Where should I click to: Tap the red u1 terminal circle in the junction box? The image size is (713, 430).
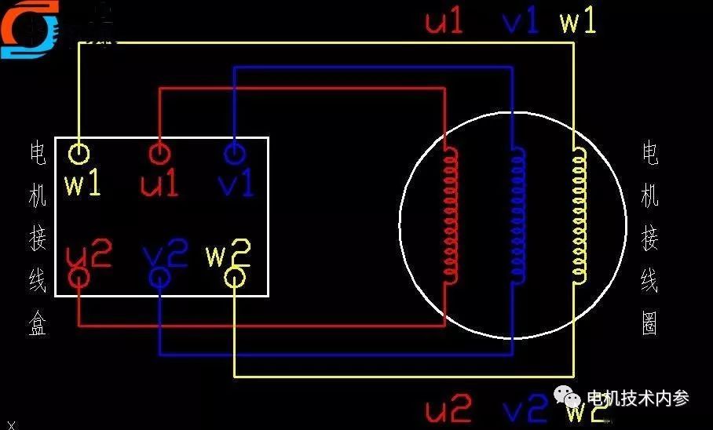click(159, 152)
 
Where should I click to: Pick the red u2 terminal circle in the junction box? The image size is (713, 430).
click(79, 277)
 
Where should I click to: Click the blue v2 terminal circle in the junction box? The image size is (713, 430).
click(159, 277)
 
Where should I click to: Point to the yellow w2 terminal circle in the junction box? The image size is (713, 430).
click(235, 277)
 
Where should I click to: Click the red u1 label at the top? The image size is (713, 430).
click(444, 21)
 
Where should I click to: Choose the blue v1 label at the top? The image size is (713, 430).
click(521, 21)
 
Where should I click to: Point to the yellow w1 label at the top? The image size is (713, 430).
click(578, 21)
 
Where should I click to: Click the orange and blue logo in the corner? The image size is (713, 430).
click(30, 29)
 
